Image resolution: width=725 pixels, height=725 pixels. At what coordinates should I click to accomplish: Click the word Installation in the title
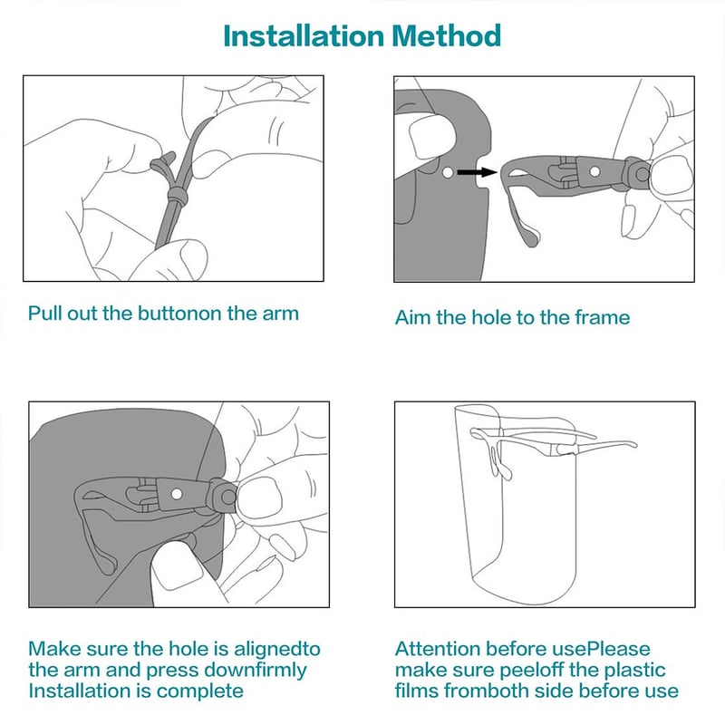pyautogui.click(x=304, y=35)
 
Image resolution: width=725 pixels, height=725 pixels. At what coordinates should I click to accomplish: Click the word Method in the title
pyautogui.click(x=447, y=35)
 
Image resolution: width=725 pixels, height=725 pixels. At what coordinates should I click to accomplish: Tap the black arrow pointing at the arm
pyautogui.click(x=477, y=172)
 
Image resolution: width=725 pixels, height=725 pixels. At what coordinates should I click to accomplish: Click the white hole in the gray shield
pyautogui.click(x=448, y=173)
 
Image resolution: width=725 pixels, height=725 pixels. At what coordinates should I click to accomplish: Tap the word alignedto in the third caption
pyautogui.click(x=277, y=650)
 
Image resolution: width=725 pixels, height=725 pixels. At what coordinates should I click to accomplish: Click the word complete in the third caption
pyautogui.click(x=199, y=691)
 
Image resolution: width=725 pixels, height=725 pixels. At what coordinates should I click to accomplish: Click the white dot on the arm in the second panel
pyautogui.click(x=595, y=171)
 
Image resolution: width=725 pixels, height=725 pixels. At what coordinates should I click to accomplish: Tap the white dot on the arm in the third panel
pyautogui.click(x=176, y=494)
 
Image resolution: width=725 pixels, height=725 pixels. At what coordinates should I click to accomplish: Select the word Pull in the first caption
pyautogui.click(x=44, y=314)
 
